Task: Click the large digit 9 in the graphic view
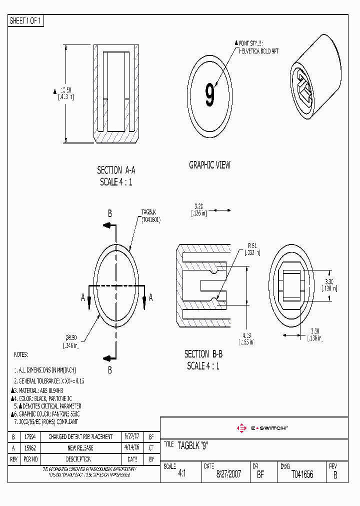point(209,95)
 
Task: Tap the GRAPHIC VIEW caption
point(209,165)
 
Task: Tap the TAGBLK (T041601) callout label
point(150,215)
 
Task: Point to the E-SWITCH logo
point(262,428)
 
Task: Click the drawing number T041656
point(302,474)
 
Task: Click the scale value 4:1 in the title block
point(182,474)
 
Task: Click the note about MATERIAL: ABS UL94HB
point(40,390)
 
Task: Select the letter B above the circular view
point(110,213)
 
